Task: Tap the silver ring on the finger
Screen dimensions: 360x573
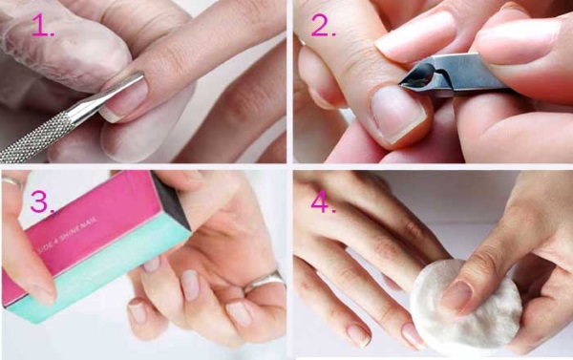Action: [x=264, y=282]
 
